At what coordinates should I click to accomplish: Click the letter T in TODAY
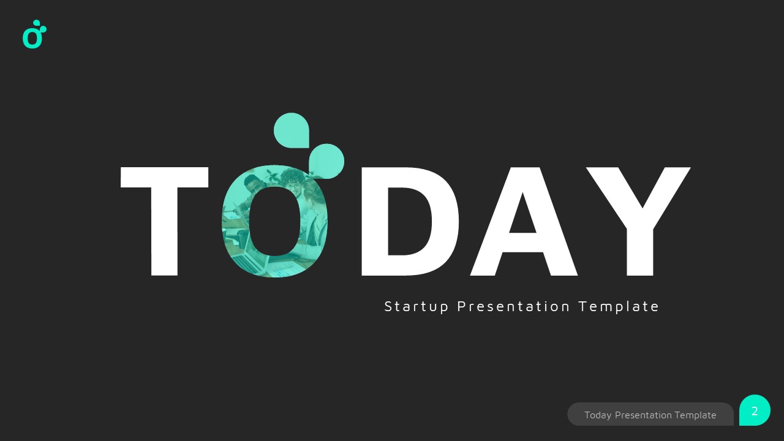coord(164,184)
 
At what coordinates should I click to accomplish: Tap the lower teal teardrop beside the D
coord(326,160)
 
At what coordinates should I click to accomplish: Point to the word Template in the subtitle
coord(619,306)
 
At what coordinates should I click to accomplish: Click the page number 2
coord(755,411)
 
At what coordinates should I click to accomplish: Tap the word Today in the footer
coord(598,415)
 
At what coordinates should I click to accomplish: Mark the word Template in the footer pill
coord(695,415)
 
